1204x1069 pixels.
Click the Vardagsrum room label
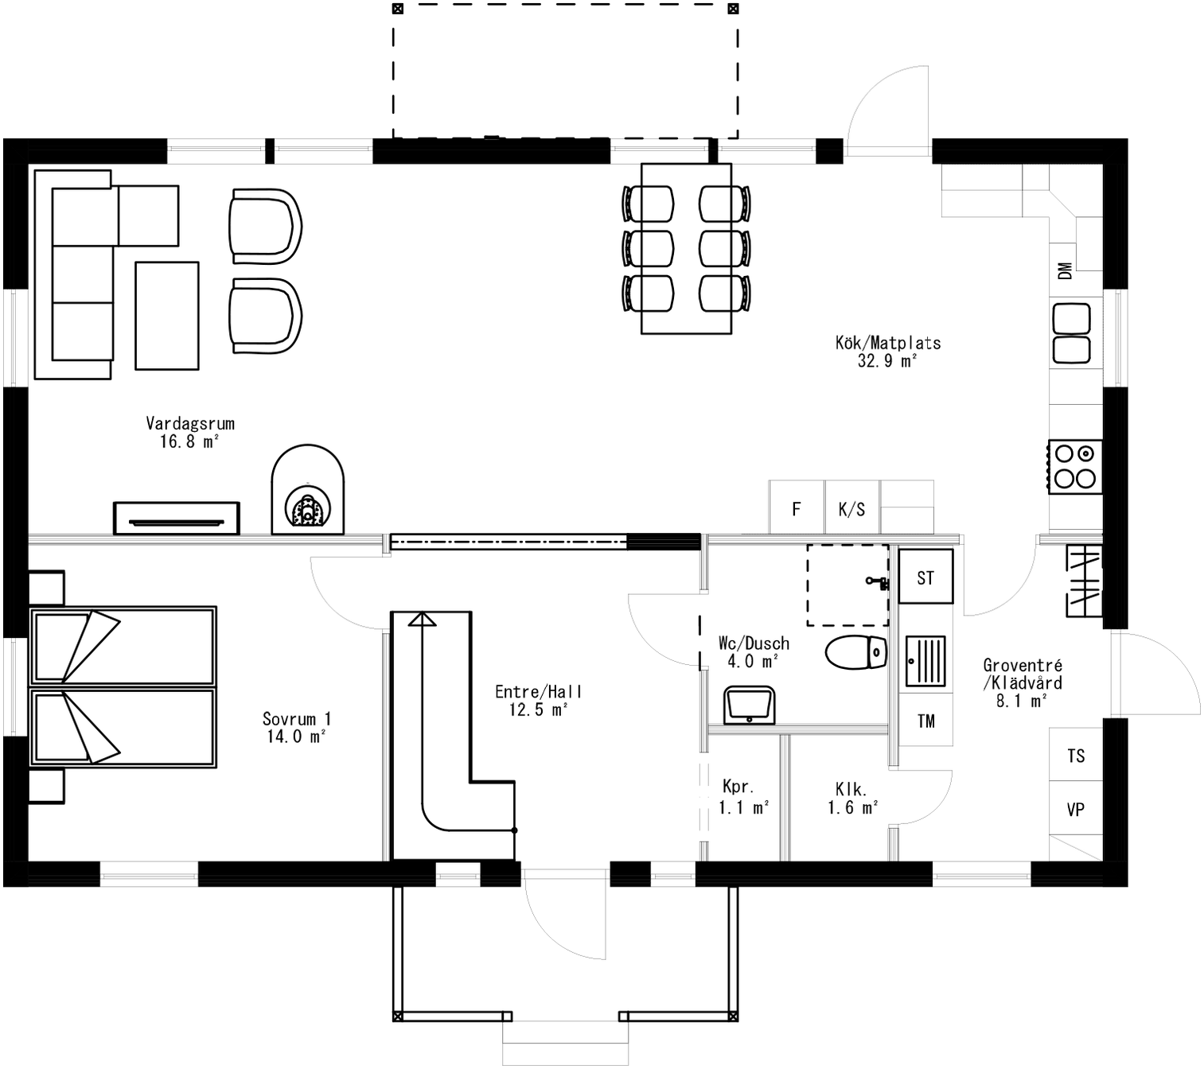coord(189,423)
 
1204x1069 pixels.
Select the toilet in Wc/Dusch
coord(856,652)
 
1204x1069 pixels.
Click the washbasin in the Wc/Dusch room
coord(749,706)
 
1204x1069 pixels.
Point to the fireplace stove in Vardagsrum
coord(308,492)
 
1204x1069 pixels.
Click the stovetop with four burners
coord(1075,466)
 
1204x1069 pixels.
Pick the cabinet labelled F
coord(797,508)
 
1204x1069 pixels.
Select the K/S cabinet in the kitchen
coord(851,508)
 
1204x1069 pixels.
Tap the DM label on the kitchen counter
coord(1065,270)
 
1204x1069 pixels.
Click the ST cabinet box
coord(925,577)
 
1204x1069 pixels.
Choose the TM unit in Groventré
coord(925,721)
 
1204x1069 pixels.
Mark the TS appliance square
coord(1076,755)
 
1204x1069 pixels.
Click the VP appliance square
coord(1076,809)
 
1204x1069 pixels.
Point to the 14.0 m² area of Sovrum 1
coord(296,737)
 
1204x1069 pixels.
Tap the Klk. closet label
coord(851,789)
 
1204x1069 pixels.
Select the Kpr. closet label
coord(738,787)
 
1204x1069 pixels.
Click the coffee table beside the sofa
coord(166,316)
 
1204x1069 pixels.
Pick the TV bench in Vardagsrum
coord(176,518)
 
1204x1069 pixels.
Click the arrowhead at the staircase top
coord(423,620)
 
